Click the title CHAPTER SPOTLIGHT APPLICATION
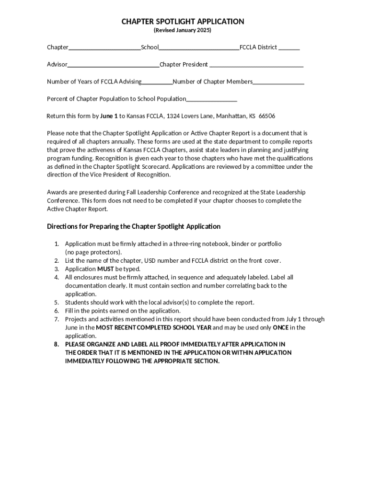183,22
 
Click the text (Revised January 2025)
182,31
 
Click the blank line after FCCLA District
289,48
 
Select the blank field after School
199,48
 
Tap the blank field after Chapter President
256,65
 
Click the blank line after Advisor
113,65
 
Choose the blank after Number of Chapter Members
278,82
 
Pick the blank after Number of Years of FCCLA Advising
157,82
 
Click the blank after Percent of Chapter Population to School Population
211,100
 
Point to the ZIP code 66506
267,116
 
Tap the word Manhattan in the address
231,116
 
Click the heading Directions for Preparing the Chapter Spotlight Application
134,226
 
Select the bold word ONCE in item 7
280,327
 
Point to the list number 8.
56,344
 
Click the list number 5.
56,303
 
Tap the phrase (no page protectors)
93,252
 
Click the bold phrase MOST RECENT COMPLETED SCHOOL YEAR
153,327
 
